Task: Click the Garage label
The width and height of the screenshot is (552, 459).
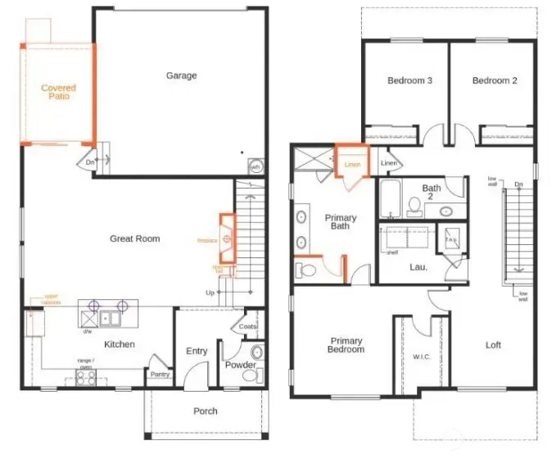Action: pos(181,75)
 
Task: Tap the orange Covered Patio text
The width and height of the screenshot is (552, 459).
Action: pos(58,92)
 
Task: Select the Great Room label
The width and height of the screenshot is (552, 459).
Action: pos(135,239)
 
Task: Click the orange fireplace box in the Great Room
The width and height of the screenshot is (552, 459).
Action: pos(227,238)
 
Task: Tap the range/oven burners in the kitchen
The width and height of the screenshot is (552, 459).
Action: pos(85,377)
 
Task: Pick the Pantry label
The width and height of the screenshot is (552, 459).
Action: pos(158,375)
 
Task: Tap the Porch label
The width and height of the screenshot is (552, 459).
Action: pos(206,411)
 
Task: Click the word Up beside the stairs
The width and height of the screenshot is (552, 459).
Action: pos(210,293)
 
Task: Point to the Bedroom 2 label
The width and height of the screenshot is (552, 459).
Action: pos(495,80)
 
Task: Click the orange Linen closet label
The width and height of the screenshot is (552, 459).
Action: pos(352,165)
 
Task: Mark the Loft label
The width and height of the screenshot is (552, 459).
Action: pos(493,345)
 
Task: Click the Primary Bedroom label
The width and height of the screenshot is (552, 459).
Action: pos(346,345)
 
